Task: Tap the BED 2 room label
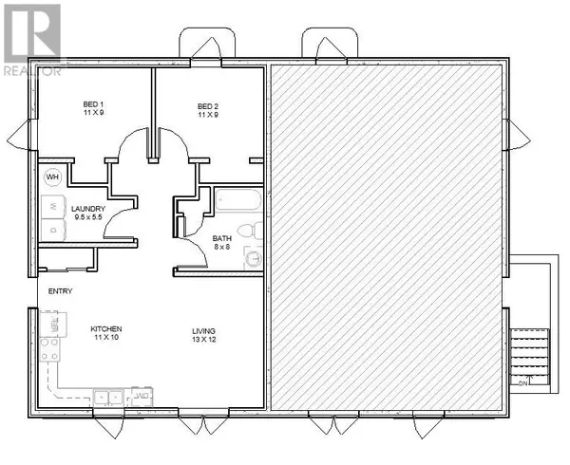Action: pyautogui.click(x=209, y=105)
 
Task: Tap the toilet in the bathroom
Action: pyautogui.click(x=248, y=230)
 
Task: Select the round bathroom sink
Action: pyautogui.click(x=253, y=258)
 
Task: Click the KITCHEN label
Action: pyautogui.click(x=105, y=328)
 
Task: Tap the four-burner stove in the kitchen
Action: pyautogui.click(x=51, y=328)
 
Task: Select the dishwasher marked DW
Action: pyautogui.click(x=140, y=395)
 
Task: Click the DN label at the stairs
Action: pyautogui.click(x=522, y=384)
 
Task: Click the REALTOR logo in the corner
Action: pyautogui.click(x=31, y=38)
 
